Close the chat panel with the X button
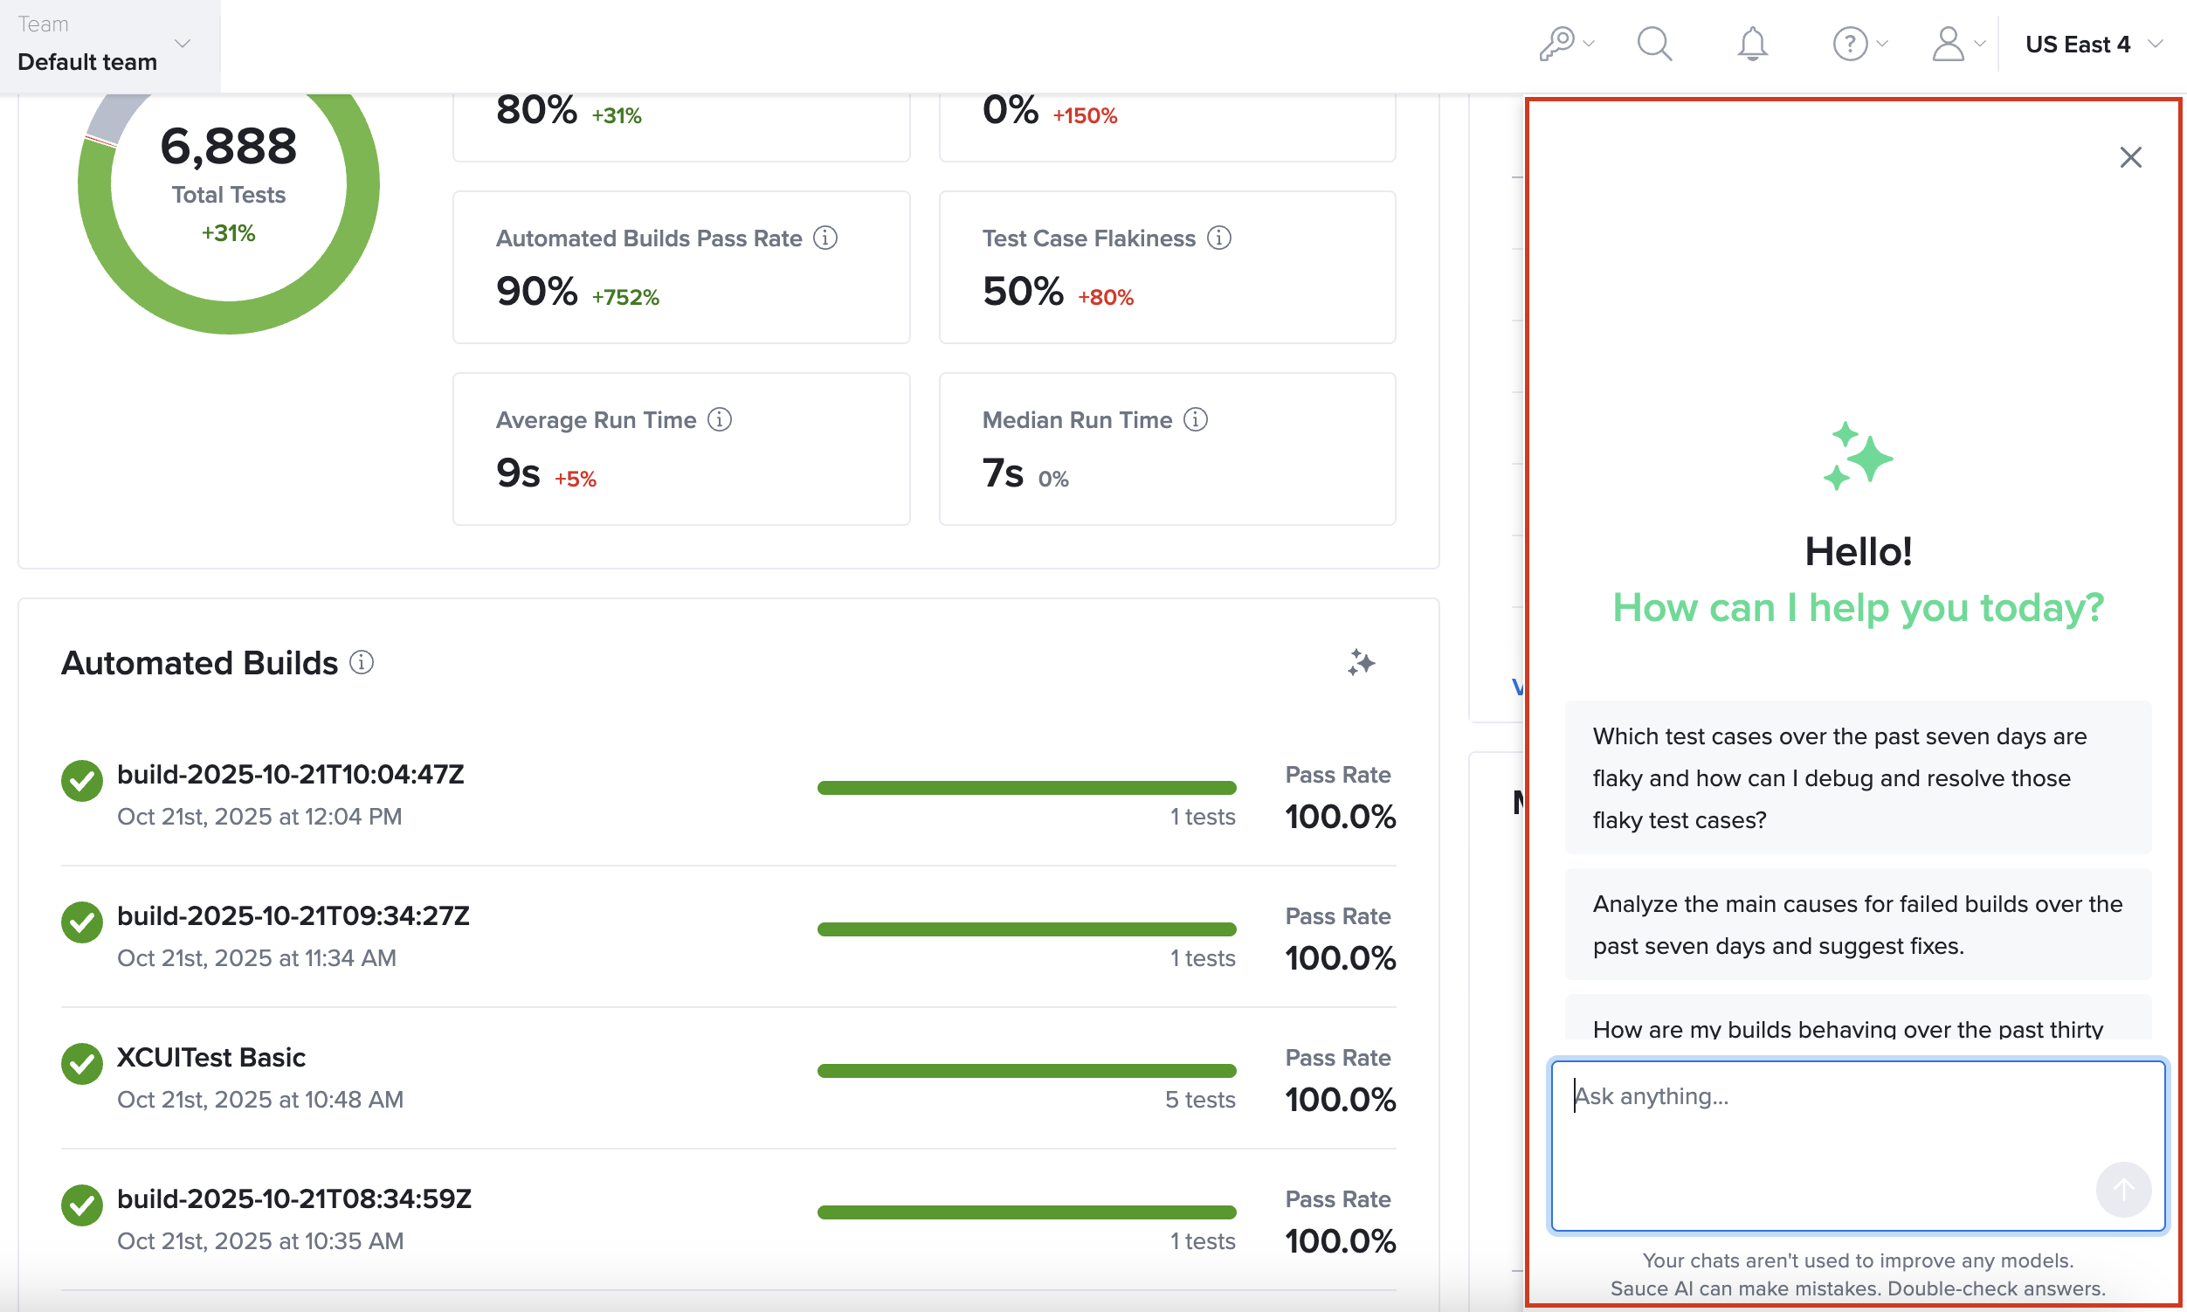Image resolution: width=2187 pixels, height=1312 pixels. click(2129, 157)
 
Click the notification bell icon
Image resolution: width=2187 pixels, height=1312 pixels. click(1751, 44)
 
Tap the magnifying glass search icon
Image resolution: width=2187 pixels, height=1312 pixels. click(1654, 44)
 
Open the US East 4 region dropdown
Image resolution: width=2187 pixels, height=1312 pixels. click(2092, 45)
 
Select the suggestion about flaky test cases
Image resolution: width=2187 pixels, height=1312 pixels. click(1856, 777)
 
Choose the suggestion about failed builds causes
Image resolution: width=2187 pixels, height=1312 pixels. click(1856, 924)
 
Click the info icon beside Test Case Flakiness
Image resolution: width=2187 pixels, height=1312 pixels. click(1218, 238)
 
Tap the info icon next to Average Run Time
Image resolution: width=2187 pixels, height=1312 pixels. click(720, 419)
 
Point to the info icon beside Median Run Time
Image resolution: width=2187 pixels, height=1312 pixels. click(1195, 419)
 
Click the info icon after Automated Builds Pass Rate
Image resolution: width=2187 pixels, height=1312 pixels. click(824, 238)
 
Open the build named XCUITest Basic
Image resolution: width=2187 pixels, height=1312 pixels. click(211, 1058)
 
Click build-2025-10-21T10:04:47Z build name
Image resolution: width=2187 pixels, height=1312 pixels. click(290, 775)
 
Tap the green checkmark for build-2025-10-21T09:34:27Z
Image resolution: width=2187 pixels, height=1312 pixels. click(82, 922)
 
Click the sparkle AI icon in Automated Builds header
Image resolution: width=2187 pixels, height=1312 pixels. click(1361, 662)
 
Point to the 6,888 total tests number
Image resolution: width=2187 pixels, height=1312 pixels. click(228, 146)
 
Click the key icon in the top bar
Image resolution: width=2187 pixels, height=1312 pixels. click(1556, 44)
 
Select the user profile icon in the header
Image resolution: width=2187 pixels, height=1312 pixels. click(1948, 44)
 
